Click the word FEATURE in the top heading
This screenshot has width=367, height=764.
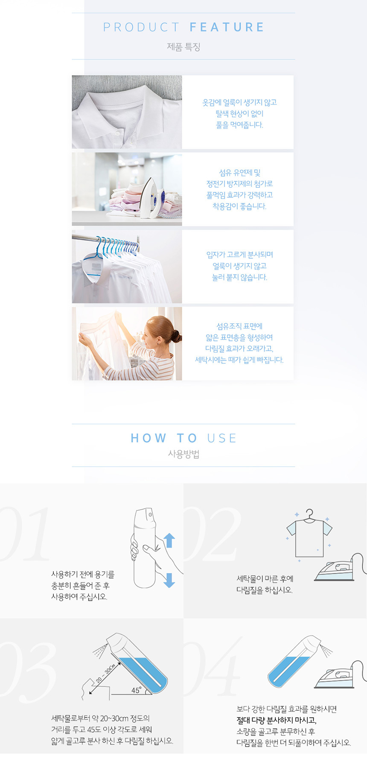click(227, 27)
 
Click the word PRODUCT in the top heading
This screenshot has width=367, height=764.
click(141, 27)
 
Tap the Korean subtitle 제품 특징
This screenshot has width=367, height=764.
click(183, 47)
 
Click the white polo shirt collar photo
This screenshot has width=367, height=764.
click(127, 112)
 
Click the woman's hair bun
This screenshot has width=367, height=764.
click(176, 336)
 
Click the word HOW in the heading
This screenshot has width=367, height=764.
click(149, 438)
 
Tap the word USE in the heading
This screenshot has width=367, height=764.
click(221, 438)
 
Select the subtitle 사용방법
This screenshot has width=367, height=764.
click(183, 454)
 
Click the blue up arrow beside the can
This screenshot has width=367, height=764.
click(169, 540)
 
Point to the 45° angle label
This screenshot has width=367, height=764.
click(137, 690)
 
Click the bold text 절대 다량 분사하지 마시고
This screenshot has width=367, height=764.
click(277, 720)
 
